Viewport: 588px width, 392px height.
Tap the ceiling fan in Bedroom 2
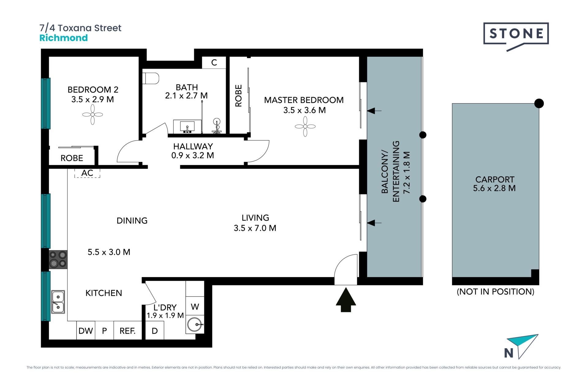[92, 115]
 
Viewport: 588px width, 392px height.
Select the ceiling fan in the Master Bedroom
[305, 126]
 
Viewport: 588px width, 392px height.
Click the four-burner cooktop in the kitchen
[58, 259]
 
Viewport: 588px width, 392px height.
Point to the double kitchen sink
[58, 302]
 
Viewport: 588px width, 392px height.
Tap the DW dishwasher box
[86, 330]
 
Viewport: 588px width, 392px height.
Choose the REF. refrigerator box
[128, 330]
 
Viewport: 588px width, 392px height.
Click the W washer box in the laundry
[195, 307]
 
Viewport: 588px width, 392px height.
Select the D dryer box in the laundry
[155, 330]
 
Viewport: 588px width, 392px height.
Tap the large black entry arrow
[346, 300]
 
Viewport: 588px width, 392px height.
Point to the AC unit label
[87, 173]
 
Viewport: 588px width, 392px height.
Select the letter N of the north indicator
[509, 353]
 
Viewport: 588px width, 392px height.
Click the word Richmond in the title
[64, 38]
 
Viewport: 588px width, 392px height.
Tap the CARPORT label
[495, 179]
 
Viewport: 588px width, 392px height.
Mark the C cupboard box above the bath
[214, 62]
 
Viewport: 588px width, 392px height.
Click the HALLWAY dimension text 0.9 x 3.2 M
[193, 156]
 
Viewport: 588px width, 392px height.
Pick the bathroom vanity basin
[187, 126]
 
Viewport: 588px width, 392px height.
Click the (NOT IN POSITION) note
[496, 292]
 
